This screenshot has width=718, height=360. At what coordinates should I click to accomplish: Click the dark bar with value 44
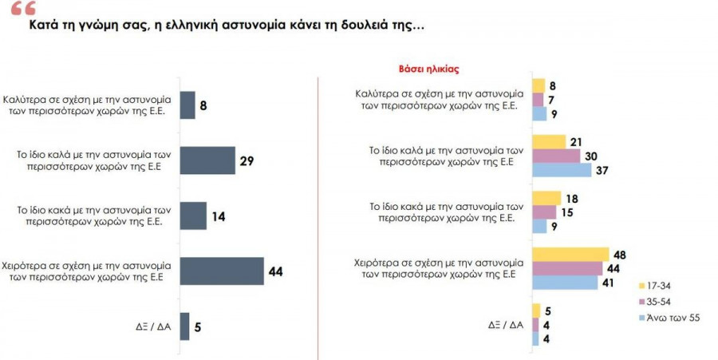point(222,271)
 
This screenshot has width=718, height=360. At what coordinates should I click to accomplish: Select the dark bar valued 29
point(207,160)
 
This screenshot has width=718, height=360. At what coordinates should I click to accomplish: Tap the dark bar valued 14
point(193,216)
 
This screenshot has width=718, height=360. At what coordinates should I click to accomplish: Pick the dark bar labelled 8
point(187,105)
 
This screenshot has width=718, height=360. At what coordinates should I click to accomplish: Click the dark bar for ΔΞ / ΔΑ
point(184,326)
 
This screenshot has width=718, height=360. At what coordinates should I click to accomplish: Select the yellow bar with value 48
point(570,254)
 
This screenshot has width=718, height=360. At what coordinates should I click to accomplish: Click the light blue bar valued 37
point(561,170)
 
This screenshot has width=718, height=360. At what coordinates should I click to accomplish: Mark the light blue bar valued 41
point(565,282)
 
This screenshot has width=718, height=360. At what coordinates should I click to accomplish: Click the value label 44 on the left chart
point(275,271)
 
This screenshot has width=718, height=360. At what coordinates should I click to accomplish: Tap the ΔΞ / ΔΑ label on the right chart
point(506,325)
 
